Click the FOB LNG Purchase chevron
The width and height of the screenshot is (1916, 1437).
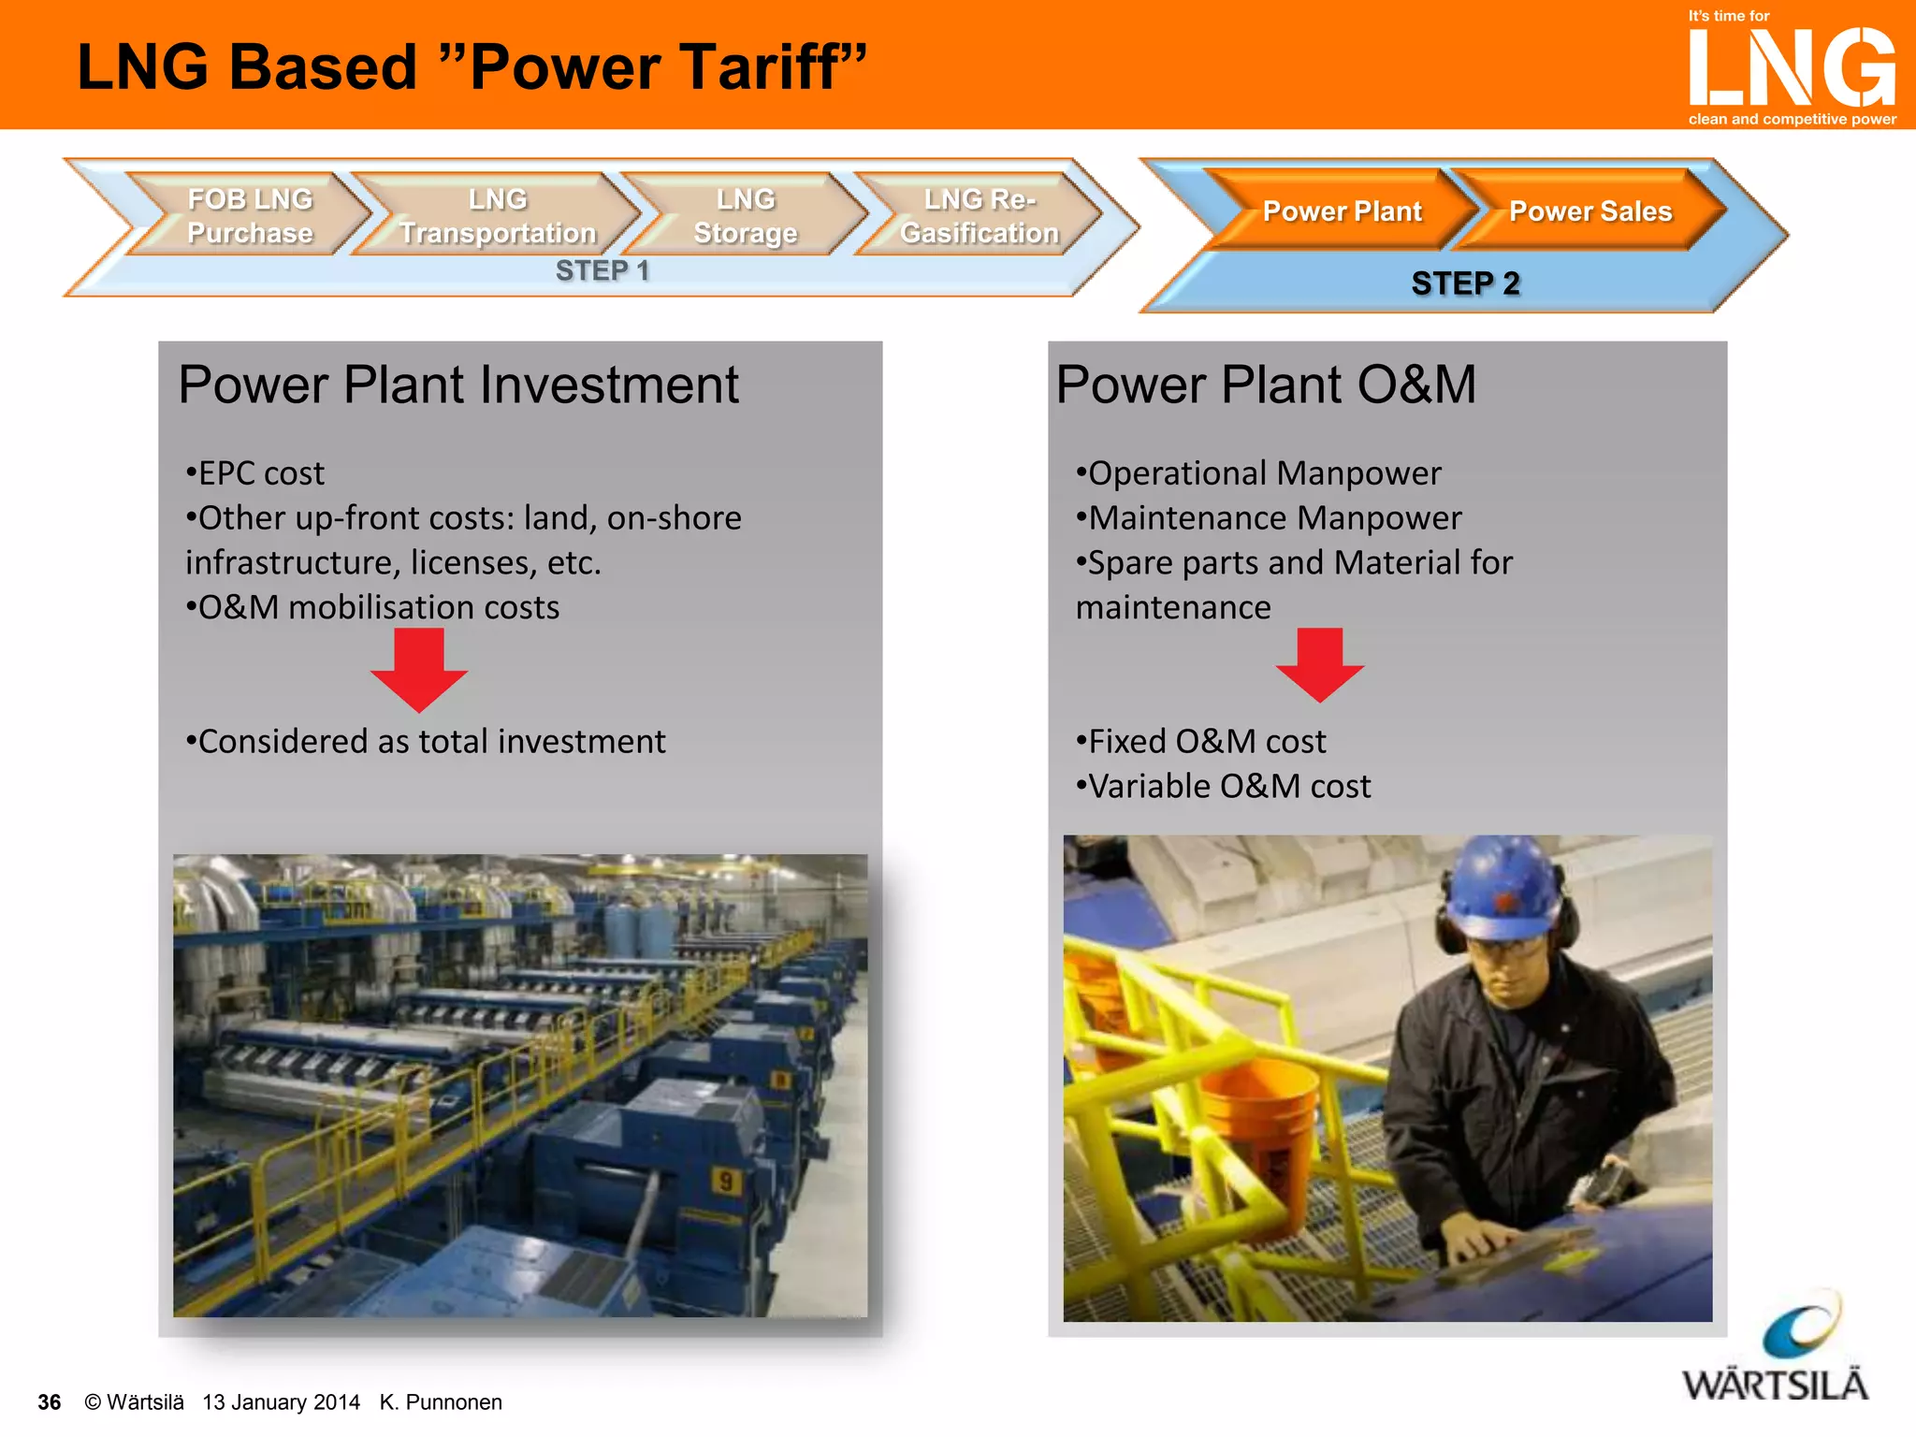[250, 215]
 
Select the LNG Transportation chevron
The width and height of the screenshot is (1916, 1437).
[497, 215]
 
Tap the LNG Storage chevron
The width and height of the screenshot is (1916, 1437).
[745, 215]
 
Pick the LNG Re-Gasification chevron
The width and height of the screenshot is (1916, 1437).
[979, 215]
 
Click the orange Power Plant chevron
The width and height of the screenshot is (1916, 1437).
[1342, 210]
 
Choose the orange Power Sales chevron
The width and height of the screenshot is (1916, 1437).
[1589, 210]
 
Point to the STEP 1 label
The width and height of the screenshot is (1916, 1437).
[602, 270]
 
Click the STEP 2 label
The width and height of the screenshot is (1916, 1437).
[1465, 283]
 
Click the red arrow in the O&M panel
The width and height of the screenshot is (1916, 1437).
[1319, 664]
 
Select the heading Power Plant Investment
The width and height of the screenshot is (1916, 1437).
[458, 385]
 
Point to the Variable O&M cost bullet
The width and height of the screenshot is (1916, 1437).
[1224, 786]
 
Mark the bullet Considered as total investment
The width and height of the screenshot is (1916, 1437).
[426, 741]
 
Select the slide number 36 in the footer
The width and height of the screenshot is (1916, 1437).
[49, 1401]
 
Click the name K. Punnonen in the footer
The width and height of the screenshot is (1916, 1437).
[441, 1401]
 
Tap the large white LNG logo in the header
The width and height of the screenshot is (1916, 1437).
[1792, 67]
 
